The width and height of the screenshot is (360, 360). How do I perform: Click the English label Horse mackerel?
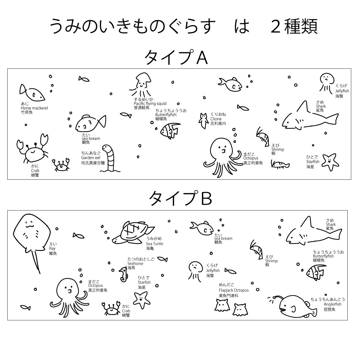tap(34, 108)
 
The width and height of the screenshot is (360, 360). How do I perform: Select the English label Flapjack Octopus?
tap(234, 290)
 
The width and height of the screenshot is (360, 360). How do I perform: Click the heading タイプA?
tap(176, 58)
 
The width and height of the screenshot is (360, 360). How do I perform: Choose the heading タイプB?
tap(180, 198)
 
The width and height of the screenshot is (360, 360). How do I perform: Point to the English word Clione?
tap(216, 119)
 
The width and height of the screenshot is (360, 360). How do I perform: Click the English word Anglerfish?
tap(332, 304)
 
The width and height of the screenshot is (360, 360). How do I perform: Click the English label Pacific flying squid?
tap(150, 104)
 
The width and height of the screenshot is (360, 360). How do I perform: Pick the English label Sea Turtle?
tap(154, 244)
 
